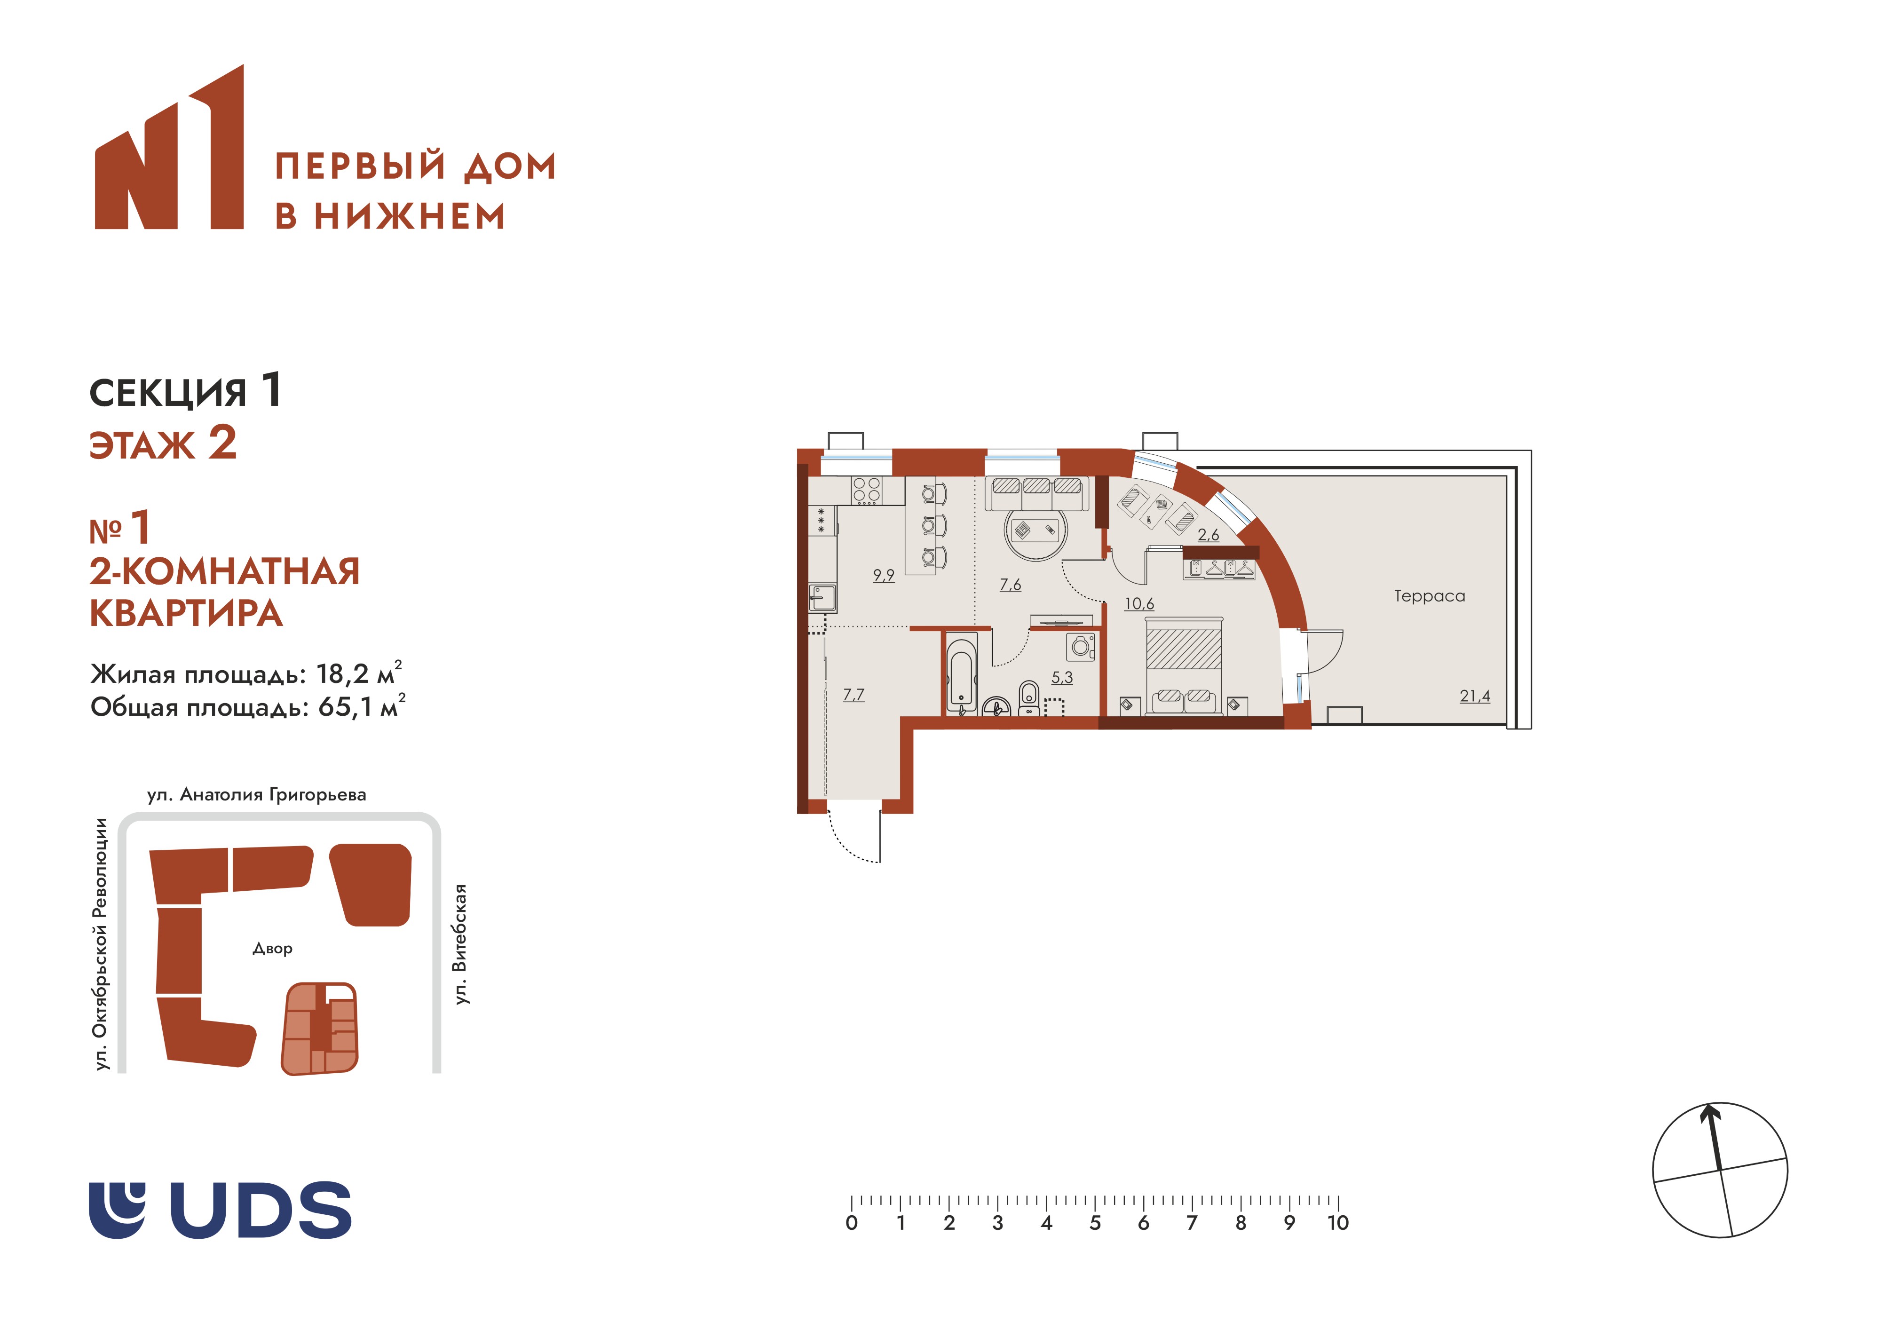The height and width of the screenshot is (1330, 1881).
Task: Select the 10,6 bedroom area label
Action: coord(1139,604)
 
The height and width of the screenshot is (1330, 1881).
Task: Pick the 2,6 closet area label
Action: coord(1209,535)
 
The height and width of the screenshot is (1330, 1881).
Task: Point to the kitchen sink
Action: coord(822,597)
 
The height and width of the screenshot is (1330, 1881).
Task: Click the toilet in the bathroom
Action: coord(1029,699)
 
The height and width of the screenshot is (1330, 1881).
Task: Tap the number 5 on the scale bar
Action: coord(1095,1223)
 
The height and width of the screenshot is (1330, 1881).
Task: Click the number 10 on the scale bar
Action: coord(1337,1223)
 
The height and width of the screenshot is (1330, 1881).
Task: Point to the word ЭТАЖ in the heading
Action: coord(142,446)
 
